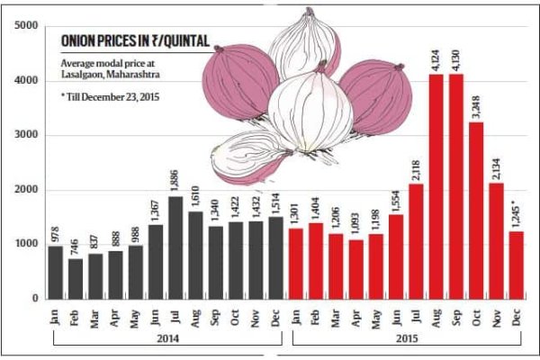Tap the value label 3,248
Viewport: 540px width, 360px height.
tap(479, 105)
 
